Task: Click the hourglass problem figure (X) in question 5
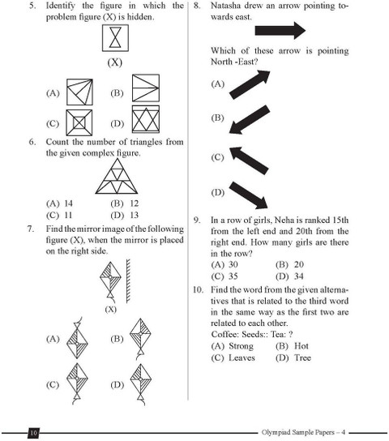click(115, 38)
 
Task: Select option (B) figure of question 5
click(146, 88)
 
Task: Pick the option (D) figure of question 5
click(146, 119)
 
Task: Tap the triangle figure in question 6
click(117, 177)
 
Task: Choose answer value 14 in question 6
click(68, 203)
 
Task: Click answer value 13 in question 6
click(134, 215)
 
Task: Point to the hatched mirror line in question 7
click(128, 281)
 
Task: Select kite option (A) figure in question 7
click(77, 338)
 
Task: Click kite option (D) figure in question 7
click(140, 384)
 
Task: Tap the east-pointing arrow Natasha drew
click(280, 30)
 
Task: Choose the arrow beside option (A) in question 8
click(250, 84)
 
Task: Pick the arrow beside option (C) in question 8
click(249, 161)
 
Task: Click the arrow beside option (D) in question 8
click(249, 195)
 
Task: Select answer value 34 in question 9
click(299, 276)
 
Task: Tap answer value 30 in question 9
click(233, 264)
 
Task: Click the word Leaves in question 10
click(242, 358)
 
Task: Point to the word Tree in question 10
click(303, 358)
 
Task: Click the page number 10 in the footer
click(33, 433)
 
